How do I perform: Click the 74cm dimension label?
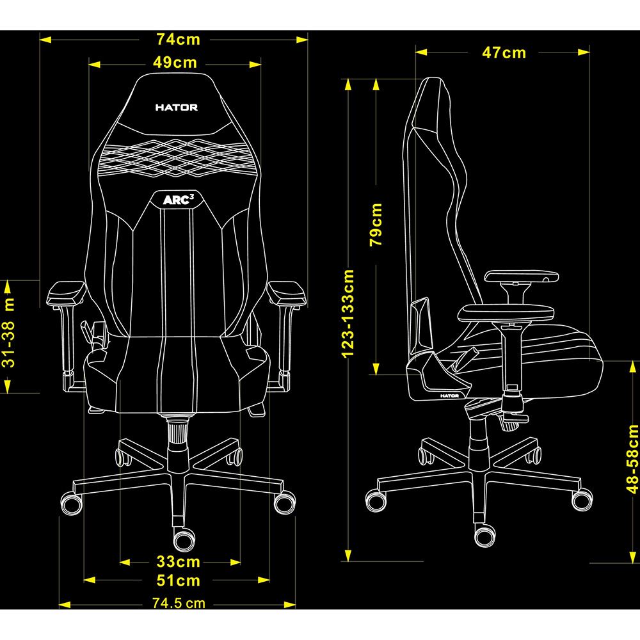pos(179,40)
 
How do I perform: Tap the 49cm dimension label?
pos(175,63)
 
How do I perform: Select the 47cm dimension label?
pos(504,52)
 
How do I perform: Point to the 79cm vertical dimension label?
pos(376,225)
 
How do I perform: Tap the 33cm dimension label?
pos(179,562)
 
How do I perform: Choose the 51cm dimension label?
pos(179,581)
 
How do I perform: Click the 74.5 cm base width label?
pos(179,603)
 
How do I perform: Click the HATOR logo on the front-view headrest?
pos(177,108)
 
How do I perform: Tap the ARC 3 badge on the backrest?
pos(178,200)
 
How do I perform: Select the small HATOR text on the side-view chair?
pos(450,396)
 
